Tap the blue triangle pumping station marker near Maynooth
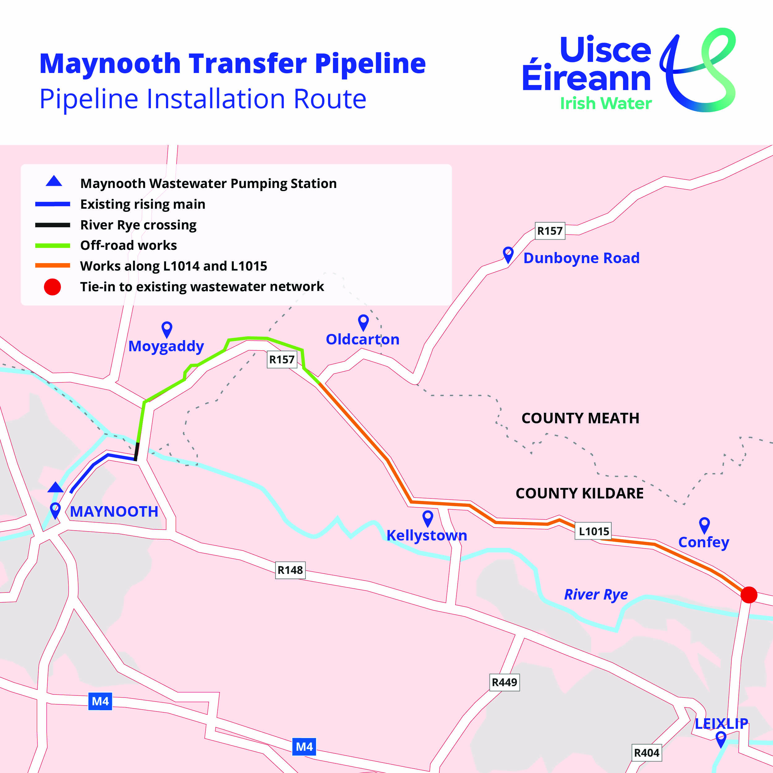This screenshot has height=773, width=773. (55, 488)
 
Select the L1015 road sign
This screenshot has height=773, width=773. (593, 531)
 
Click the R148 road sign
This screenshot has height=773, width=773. (290, 570)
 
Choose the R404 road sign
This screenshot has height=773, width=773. (647, 753)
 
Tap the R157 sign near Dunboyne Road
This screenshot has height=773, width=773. (550, 231)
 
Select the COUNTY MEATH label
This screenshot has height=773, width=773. (580, 418)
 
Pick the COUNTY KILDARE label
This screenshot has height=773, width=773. (579, 493)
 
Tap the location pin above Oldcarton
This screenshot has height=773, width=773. (363, 322)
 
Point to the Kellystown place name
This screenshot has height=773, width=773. (426, 535)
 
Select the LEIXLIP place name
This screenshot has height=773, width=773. (721, 724)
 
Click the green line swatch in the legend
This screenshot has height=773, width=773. (53, 245)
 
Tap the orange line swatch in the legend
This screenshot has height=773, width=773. (53, 266)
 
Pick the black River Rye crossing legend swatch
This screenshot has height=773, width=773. (53, 225)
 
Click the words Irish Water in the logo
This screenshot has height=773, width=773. (606, 103)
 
